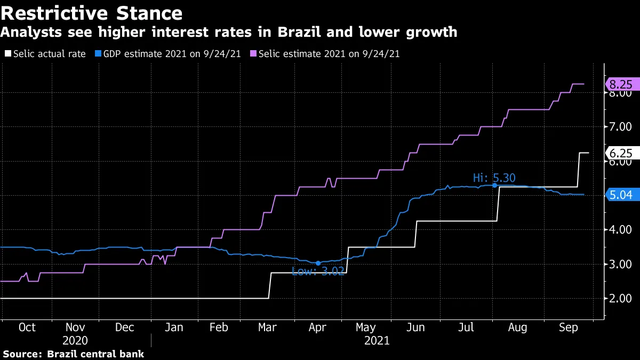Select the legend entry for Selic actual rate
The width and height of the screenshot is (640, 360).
(45, 54)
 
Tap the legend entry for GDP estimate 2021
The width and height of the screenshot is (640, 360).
(165, 54)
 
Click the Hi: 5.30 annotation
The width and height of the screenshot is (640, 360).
(494, 178)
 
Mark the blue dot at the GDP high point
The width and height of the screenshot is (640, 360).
(495, 185)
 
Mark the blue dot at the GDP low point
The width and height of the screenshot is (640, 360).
(318, 263)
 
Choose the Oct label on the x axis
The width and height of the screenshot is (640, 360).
(27, 327)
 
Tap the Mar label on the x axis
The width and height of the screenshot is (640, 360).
(268, 327)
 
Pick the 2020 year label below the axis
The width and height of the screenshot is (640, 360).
(75, 340)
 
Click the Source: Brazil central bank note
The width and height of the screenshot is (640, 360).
(74, 354)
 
